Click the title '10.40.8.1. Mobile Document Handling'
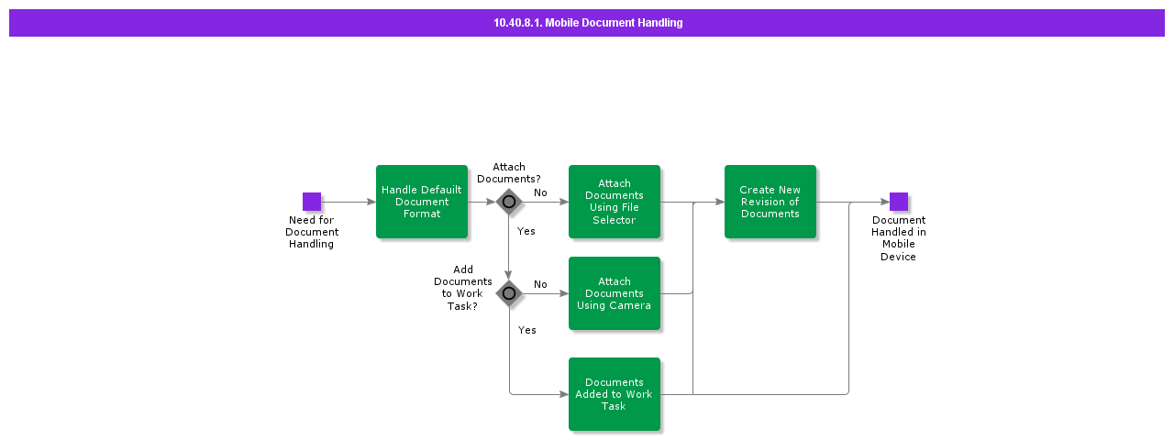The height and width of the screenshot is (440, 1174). point(588,23)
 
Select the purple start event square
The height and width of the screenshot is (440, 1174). point(312,202)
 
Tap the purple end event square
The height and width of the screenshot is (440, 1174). point(899,202)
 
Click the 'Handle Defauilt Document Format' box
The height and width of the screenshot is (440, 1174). point(422,202)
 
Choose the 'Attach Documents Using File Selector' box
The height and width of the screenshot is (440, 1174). point(615,202)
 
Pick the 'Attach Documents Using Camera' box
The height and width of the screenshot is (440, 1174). point(615,293)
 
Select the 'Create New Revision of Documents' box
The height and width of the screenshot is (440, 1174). point(770,202)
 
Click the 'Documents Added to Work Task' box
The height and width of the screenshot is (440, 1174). point(615,394)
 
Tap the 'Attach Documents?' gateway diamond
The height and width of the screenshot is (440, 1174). point(509,202)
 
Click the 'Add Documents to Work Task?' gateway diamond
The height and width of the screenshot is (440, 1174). point(509,293)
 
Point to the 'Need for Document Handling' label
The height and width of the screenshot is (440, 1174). point(312,232)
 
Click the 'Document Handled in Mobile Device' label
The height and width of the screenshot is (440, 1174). point(899,238)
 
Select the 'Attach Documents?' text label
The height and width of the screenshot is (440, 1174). point(509,172)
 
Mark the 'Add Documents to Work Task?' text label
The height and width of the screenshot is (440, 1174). point(463,288)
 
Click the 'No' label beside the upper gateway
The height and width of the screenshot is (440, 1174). point(540,192)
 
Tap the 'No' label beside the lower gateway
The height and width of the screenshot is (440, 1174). point(540,284)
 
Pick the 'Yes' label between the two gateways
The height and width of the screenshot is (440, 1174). point(526,231)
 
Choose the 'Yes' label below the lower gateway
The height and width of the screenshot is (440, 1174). point(527,330)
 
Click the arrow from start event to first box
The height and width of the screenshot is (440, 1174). point(349,202)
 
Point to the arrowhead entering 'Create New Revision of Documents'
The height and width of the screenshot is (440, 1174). point(720,202)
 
